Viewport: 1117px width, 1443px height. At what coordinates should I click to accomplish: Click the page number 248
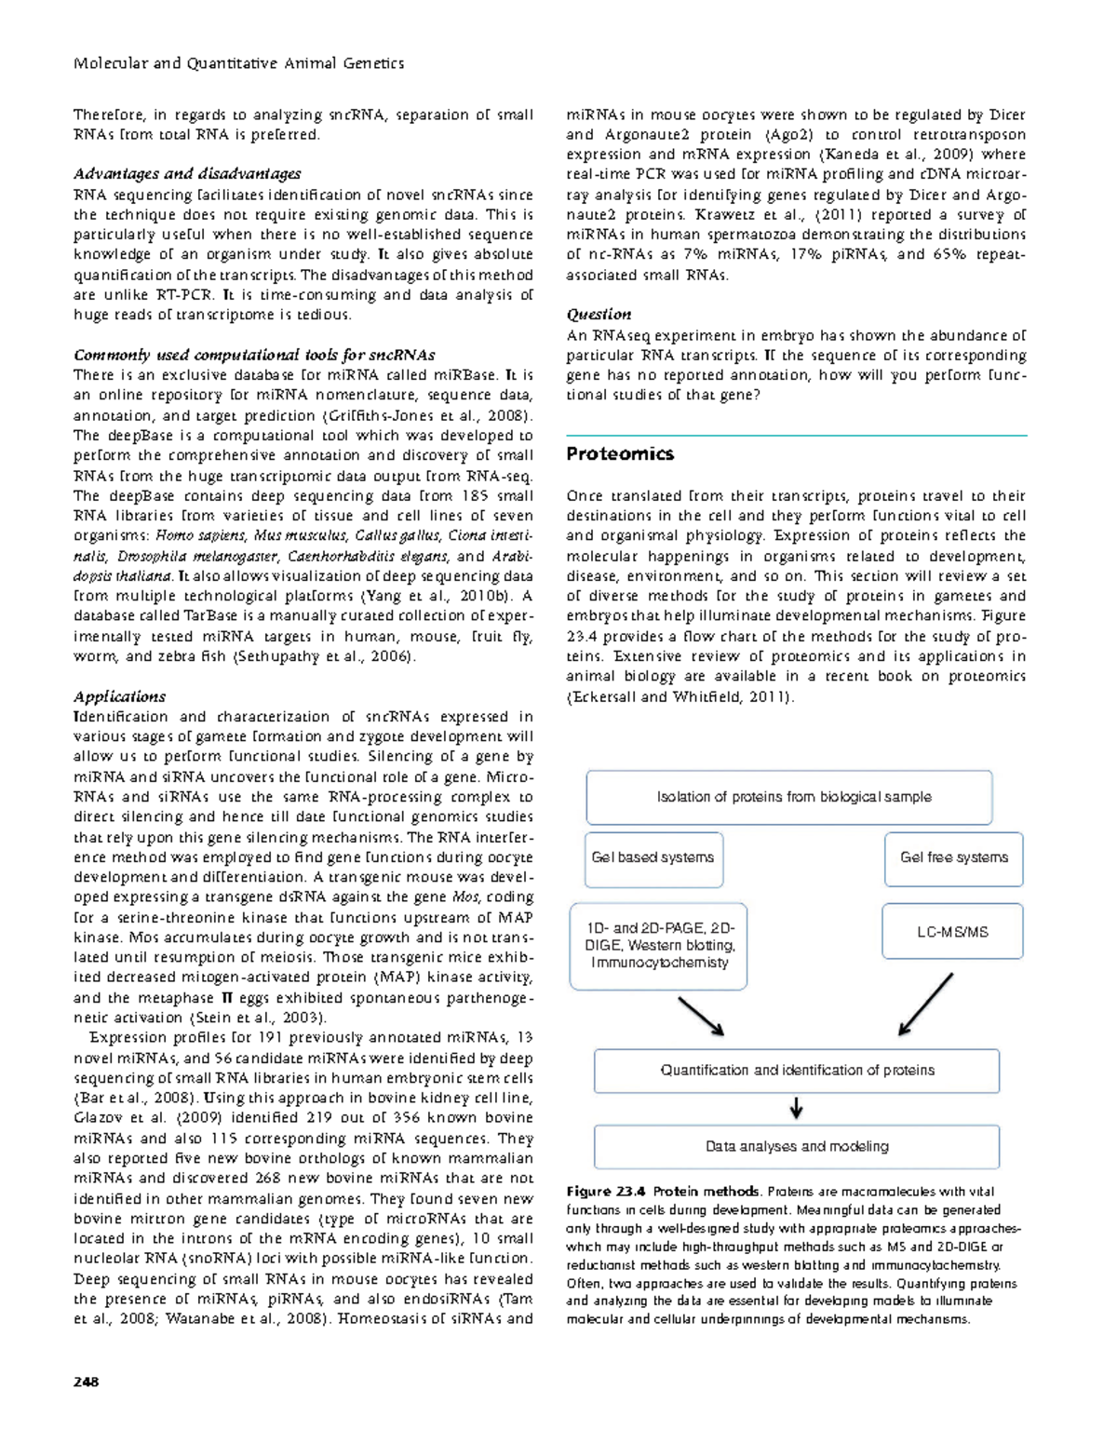coord(86,1382)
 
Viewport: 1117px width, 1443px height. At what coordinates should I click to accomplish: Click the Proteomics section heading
coord(620,454)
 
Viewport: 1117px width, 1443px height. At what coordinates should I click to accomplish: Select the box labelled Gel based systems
coord(653,857)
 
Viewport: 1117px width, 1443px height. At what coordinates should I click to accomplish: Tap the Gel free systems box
coord(953,857)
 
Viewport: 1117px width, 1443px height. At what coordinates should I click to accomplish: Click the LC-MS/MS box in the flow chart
coord(952,932)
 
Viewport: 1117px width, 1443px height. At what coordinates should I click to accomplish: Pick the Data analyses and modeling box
coord(797,1147)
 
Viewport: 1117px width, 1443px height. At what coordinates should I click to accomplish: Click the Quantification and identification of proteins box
coord(797,1071)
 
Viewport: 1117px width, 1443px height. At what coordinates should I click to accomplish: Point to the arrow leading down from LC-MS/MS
coord(925,1005)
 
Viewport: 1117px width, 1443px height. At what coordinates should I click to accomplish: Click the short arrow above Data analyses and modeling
coord(797,1108)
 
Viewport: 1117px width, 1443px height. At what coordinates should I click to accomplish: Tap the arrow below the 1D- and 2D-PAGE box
coord(701,1017)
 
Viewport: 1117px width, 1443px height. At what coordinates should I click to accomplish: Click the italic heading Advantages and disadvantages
coord(187,174)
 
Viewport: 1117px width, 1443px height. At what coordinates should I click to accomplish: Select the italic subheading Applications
coord(119,696)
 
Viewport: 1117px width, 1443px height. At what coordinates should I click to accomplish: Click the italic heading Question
coord(599,315)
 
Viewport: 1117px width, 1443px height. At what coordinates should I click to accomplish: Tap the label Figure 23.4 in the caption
coord(605,1192)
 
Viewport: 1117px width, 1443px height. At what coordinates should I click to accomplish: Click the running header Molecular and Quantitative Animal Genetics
coord(238,63)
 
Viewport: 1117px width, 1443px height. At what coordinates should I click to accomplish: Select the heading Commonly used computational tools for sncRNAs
coord(254,356)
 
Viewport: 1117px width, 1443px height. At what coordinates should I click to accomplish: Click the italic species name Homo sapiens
coord(200,535)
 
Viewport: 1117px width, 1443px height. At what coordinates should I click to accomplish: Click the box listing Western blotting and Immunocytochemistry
coord(659,946)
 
